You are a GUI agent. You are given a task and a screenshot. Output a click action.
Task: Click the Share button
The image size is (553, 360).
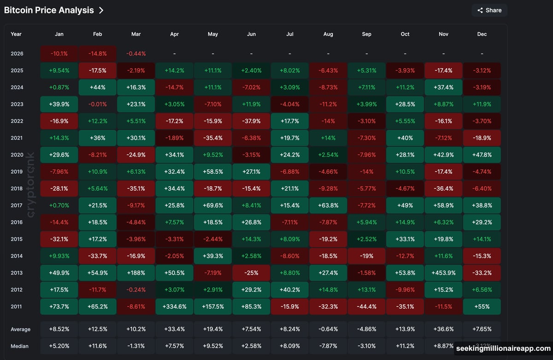(489, 10)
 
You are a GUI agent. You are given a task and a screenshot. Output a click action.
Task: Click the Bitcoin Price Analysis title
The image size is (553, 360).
(49, 10)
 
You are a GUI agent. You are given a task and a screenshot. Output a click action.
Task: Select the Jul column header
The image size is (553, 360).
(290, 34)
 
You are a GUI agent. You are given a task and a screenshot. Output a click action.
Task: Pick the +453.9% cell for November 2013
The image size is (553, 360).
(443, 273)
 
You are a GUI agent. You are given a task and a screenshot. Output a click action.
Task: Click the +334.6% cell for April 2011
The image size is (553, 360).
(175, 307)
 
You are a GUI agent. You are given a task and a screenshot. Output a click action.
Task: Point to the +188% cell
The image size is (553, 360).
(136, 273)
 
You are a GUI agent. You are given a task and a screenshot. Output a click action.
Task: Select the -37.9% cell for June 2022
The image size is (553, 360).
(251, 121)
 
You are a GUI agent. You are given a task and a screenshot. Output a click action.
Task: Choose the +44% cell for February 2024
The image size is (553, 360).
(98, 87)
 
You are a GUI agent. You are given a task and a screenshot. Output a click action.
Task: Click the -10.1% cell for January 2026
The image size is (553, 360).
(59, 53)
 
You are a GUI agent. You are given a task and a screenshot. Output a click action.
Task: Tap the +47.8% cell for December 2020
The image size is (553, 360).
(482, 155)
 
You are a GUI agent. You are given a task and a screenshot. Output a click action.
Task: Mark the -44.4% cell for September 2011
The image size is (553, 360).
(366, 307)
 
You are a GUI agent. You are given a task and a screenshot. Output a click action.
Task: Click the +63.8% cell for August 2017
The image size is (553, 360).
(328, 206)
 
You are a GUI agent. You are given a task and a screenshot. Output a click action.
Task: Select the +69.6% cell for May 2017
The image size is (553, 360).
(213, 206)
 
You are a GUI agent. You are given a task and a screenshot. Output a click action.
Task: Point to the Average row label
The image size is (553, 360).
(21, 330)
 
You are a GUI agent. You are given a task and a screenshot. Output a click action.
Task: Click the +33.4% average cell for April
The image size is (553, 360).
(175, 330)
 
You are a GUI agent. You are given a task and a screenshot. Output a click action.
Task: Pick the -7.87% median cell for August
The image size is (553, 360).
(328, 346)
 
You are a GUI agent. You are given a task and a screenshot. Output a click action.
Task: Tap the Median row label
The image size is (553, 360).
(20, 346)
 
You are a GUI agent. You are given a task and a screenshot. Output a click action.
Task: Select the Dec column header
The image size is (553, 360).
(482, 34)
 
